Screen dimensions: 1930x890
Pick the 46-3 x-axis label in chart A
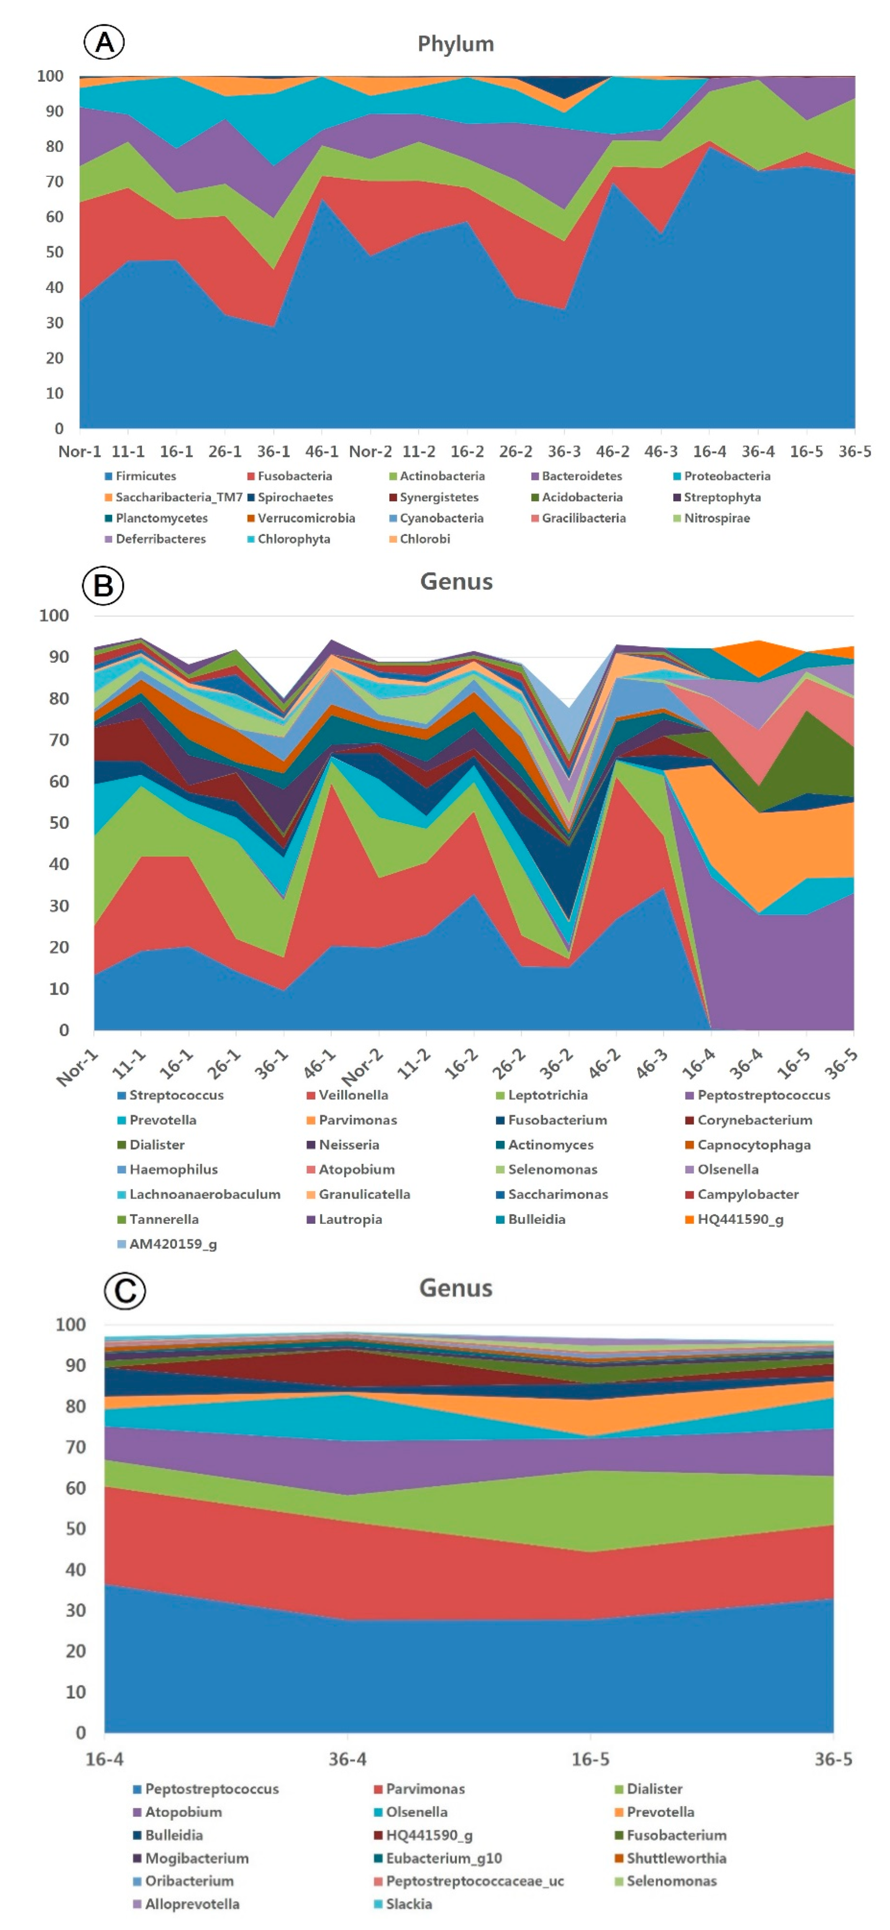[661, 451]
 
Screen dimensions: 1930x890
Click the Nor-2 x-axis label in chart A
[370, 451]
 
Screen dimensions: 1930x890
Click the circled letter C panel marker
[124, 1291]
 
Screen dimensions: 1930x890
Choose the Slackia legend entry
[408, 1904]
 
